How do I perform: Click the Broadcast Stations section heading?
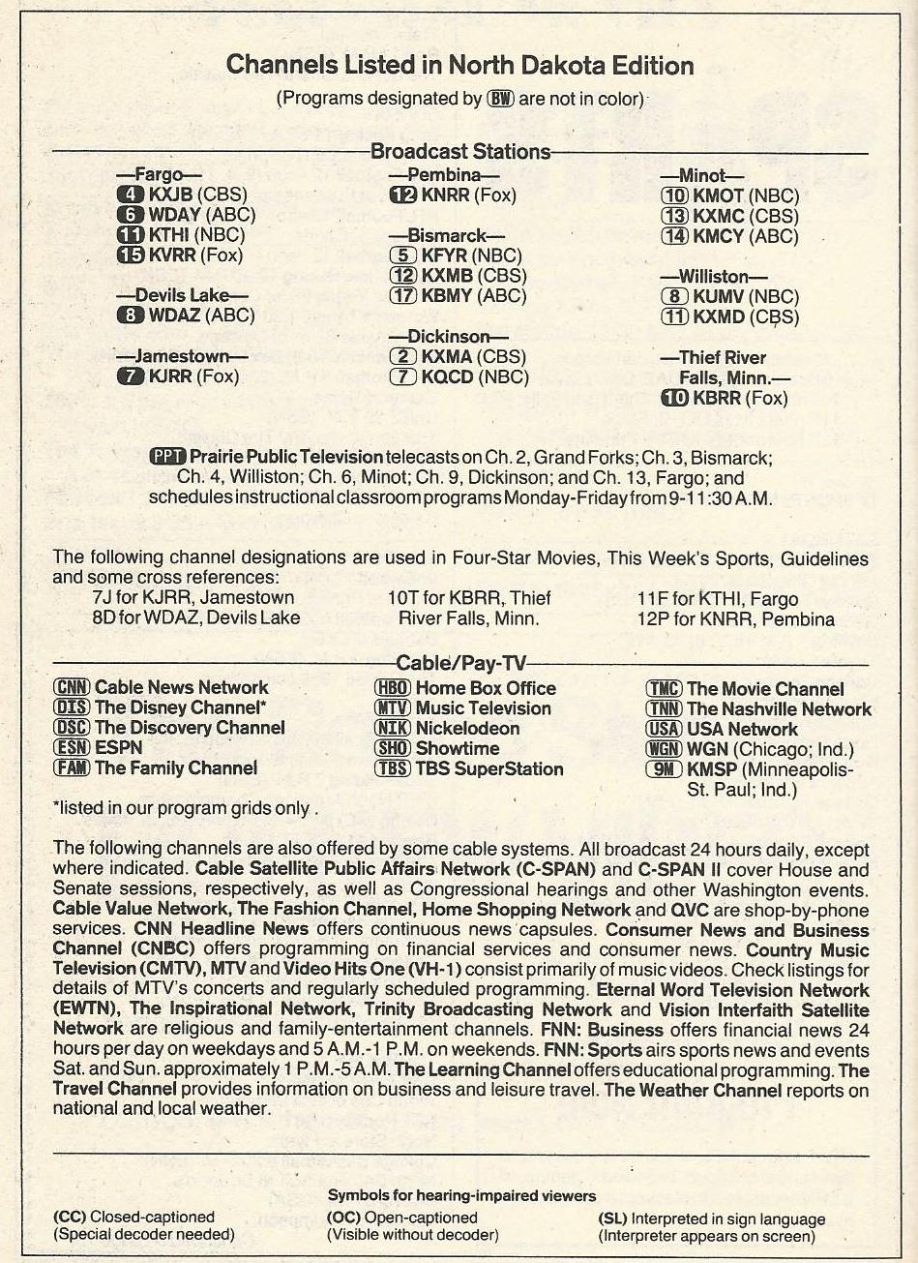[x=460, y=151]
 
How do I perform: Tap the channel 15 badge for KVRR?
[x=130, y=256]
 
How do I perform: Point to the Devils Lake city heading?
[x=182, y=294]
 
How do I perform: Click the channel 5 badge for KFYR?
[x=402, y=256]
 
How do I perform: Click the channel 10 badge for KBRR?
[x=674, y=398]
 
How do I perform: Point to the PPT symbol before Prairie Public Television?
[x=168, y=456]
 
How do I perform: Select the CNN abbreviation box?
[x=72, y=687]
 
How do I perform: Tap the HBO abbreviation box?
[x=392, y=688]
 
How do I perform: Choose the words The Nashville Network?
[x=779, y=709]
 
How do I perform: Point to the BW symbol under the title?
[x=500, y=98]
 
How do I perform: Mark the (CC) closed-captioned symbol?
[x=70, y=1217]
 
